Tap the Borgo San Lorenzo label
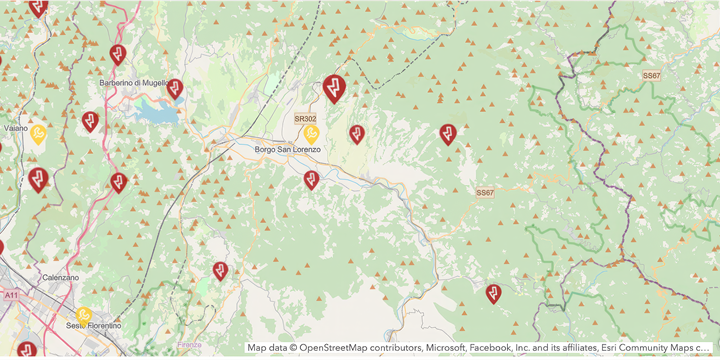[x=287, y=150]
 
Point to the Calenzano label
[x=60, y=277]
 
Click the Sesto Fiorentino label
[x=93, y=326]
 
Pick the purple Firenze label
[x=189, y=345]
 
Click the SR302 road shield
[x=305, y=119]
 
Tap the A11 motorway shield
[x=11, y=296]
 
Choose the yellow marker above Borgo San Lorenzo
[x=312, y=132]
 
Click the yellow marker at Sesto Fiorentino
[x=84, y=315]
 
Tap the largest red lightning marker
[x=334, y=88]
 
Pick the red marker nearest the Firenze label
[x=220, y=270]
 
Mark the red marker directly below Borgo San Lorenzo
[x=311, y=179]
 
